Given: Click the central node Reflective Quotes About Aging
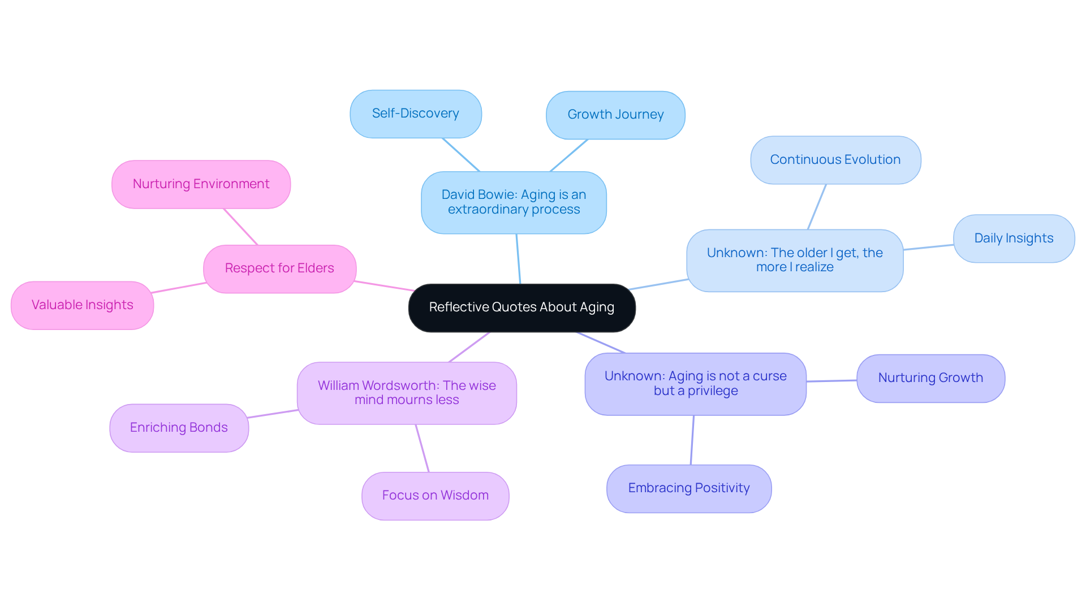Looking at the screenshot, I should coord(522,307).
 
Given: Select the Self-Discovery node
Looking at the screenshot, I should coord(416,114).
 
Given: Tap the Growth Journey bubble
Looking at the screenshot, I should coord(615,115).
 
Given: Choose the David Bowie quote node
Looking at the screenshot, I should coord(514,202).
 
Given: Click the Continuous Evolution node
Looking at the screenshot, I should coord(835,160).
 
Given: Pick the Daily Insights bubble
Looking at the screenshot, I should coord(1014,238).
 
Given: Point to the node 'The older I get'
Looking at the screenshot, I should coord(795,260).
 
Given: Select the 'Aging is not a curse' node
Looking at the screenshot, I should coord(695,384).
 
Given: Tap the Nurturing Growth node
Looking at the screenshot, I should coord(930,378).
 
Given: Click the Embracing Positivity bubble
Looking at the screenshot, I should coord(689,488).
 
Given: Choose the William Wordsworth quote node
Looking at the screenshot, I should coord(407,393).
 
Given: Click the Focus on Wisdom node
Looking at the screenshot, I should coord(435,496).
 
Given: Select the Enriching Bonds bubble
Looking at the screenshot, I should coord(179,428).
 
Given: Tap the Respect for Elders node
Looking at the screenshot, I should coord(279,268).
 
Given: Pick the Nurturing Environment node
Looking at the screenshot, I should coord(201,184).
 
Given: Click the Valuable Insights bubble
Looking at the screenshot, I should coord(83,305).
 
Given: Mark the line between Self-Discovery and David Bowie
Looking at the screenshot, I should coord(461,154).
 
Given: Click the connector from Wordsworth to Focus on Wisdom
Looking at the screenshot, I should coord(423,448).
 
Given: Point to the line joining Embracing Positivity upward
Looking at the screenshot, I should coord(692,440).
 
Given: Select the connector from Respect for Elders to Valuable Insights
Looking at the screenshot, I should coord(179,288).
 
